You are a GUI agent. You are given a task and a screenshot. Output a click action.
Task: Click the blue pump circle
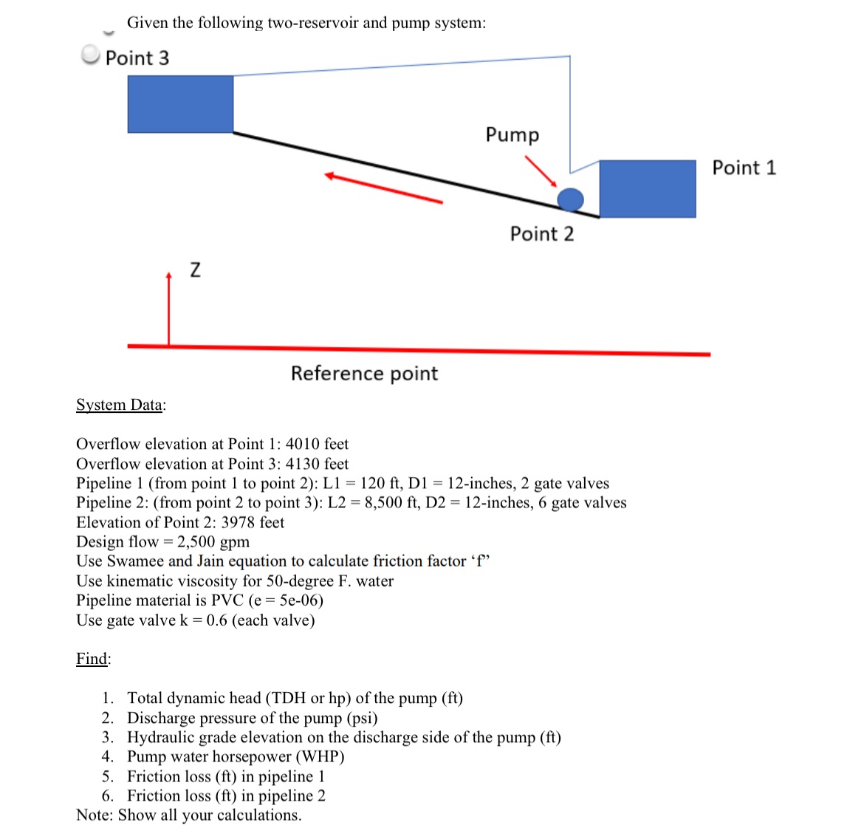[569, 199]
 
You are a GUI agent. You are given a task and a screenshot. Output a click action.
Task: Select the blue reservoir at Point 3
[180, 104]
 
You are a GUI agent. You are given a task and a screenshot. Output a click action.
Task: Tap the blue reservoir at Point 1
[647, 188]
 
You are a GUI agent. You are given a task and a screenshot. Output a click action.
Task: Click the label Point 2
[541, 234]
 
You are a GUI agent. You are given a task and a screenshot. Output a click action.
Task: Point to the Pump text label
[512, 134]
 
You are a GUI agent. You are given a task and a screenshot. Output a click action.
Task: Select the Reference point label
[364, 374]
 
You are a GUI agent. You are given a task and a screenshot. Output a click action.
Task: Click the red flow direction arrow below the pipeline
[383, 188]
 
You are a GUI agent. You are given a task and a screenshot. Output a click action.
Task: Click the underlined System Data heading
[120, 405]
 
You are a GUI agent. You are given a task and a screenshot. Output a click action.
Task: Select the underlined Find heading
[93, 659]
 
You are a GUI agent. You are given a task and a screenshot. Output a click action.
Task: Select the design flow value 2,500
[196, 542]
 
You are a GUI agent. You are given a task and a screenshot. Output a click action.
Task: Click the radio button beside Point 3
[90, 55]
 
